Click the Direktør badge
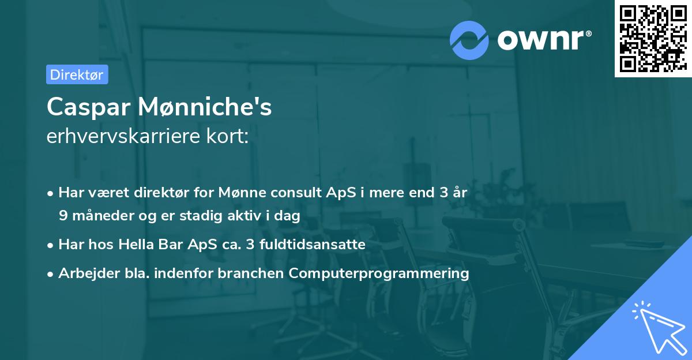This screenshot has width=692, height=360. point(77,74)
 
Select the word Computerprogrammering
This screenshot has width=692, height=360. point(379,273)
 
